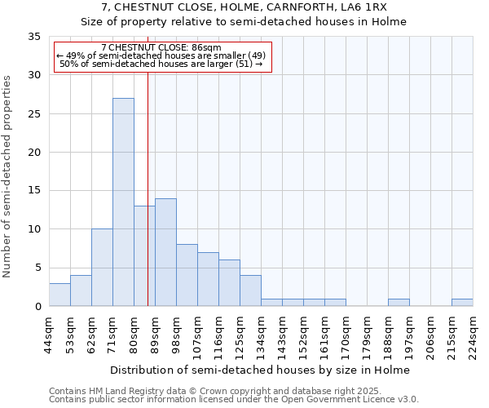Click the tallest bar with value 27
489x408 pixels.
123,202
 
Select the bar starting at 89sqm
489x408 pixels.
165,252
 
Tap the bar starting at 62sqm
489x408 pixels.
102,268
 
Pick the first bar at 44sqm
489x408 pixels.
59,295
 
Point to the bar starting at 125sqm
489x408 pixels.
250,291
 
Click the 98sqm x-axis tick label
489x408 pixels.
177,333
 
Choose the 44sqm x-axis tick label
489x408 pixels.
50,333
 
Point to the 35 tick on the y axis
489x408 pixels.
35,37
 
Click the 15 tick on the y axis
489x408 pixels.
35,191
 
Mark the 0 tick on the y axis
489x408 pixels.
37,307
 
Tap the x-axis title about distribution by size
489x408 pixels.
261,370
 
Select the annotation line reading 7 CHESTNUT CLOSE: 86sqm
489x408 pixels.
161,48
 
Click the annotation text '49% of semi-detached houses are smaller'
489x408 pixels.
161,55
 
